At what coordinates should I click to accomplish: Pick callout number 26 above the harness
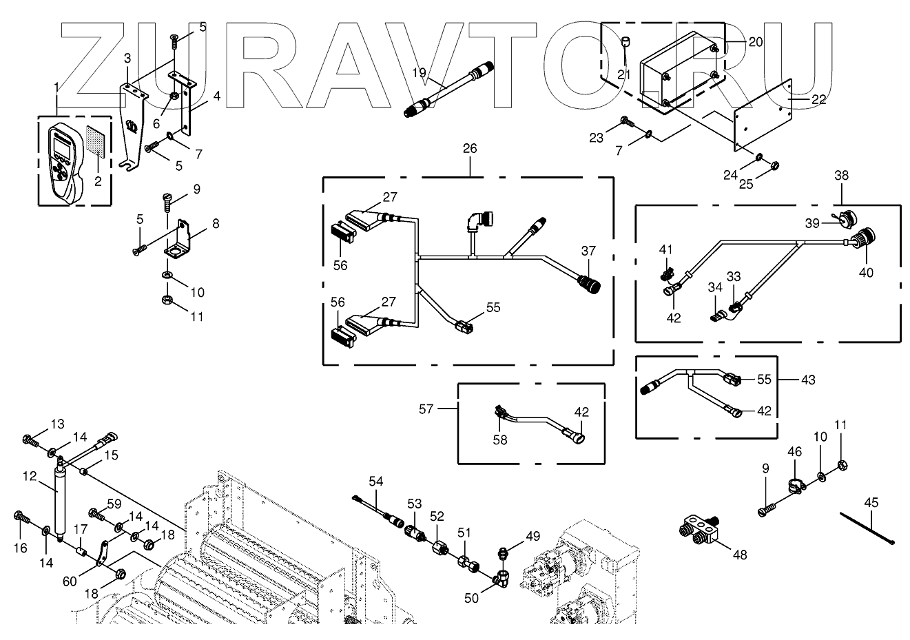coord(470,149)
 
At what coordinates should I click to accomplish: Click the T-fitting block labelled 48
coord(699,528)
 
